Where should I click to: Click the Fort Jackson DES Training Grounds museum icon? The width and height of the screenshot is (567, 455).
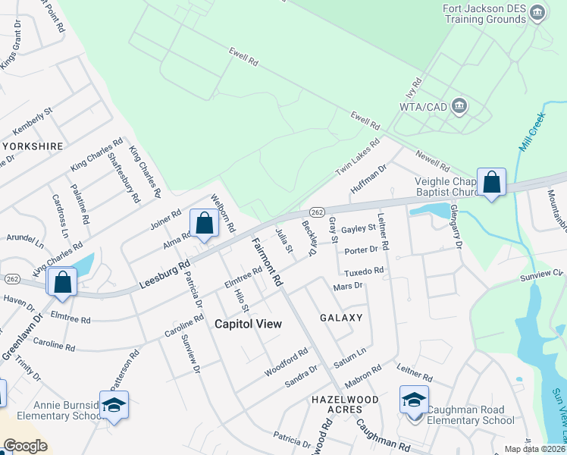coord(537,14)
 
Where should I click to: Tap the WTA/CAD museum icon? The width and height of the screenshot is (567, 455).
coord(459,105)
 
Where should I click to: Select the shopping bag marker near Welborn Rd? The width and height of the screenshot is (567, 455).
coord(204,224)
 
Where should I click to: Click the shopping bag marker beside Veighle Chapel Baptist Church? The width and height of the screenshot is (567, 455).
coord(491,182)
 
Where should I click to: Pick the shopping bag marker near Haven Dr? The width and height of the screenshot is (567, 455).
coord(63,282)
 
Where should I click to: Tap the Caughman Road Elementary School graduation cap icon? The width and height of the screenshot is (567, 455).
coord(414,400)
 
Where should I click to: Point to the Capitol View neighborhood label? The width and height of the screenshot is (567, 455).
coord(248,324)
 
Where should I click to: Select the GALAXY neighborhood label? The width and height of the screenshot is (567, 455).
coord(341,318)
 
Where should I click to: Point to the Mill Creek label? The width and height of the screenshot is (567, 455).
coord(531,129)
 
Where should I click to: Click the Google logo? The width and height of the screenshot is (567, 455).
coord(25,446)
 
